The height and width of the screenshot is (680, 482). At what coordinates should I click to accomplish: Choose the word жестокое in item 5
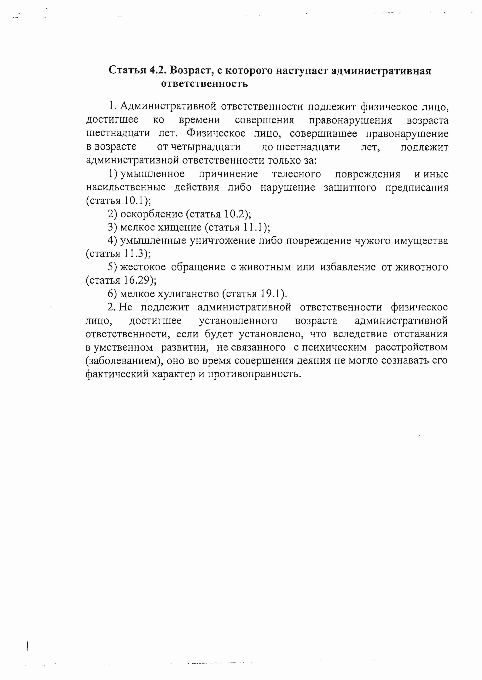tap(143, 267)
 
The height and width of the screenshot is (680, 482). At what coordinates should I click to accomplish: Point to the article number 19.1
tap(270, 294)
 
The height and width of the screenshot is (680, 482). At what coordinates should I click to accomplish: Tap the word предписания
tap(417, 188)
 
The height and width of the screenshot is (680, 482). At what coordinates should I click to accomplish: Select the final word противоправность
tap(254, 374)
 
